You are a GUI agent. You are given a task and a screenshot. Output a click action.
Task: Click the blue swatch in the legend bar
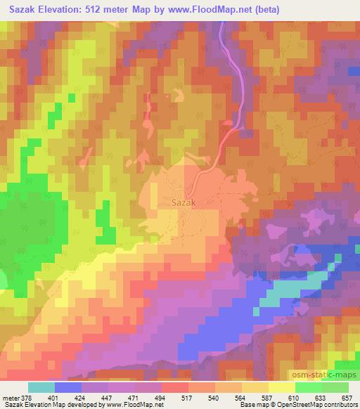(67, 387)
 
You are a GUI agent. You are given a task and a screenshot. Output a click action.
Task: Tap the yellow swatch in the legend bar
(281, 387)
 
